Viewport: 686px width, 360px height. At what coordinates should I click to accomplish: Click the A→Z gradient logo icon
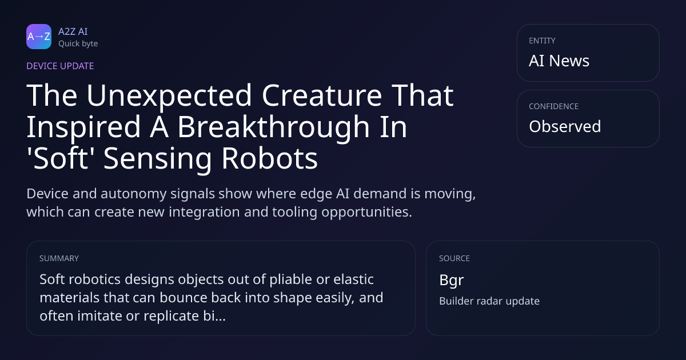(x=39, y=37)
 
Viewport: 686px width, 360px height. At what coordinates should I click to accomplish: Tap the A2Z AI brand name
(x=73, y=31)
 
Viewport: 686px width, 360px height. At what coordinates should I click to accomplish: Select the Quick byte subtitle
(x=78, y=44)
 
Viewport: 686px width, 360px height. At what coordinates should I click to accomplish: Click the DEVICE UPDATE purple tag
(x=60, y=66)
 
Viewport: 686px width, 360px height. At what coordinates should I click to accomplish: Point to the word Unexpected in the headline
(x=169, y=96)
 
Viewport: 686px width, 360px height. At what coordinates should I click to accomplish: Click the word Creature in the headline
(x=322, y=95)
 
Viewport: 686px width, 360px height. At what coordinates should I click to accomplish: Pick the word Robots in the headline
(x=269, y=158)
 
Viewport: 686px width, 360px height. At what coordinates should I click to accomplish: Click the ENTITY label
(x=542, y=41)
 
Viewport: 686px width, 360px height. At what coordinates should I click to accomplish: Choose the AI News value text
(x=559, y=61)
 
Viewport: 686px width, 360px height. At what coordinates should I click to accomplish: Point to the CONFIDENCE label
(x=554, y=106)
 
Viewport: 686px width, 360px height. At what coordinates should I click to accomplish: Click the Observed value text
(x=565, y=126)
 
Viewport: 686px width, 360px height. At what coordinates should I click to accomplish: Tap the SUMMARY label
(x=59, y=258)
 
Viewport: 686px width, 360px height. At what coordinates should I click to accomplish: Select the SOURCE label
(x=454, y=258)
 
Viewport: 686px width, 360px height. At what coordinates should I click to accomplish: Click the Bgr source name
(x=452, y=281)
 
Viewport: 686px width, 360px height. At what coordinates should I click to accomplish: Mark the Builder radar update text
(x=489, y=301)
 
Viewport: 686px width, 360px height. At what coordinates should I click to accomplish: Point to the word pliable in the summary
(x=290, y=280)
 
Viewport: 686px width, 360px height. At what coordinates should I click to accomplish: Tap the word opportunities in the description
(x=366, y=212)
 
